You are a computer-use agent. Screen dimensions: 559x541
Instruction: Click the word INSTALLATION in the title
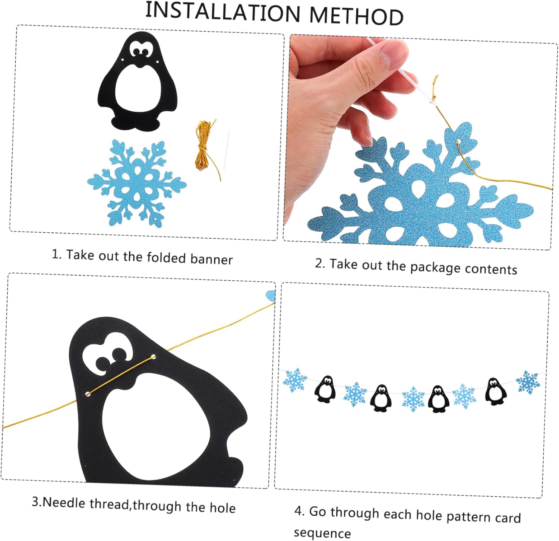[222, 12]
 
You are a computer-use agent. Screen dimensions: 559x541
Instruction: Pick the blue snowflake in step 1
[137, 183]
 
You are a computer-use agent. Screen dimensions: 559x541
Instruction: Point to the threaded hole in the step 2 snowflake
[459, 141]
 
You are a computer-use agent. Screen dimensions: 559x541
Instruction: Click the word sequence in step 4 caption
[322, 533]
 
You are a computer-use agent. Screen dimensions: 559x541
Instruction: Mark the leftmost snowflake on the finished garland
[295, 380]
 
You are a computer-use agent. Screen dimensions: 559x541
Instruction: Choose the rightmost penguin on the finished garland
[495, 391]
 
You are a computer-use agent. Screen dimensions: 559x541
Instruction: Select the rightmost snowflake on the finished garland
[528, 382]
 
